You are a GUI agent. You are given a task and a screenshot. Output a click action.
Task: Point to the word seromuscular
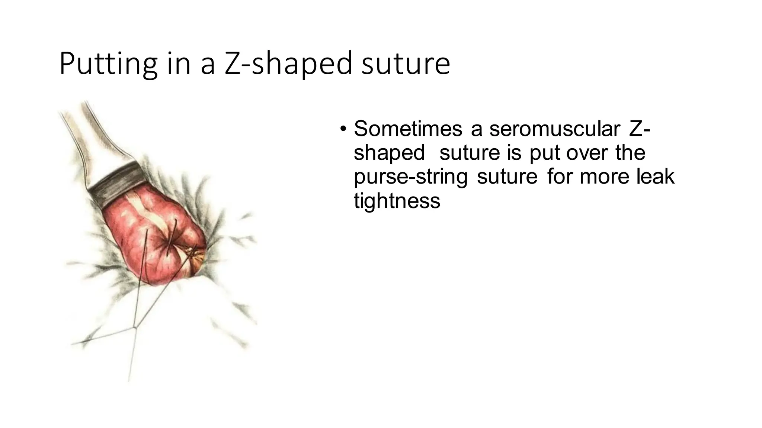[x=554, y=129]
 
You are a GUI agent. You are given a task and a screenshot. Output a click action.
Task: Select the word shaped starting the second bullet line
[x=389, y=153]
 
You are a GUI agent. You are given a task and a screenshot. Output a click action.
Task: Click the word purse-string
[x=410, y=176]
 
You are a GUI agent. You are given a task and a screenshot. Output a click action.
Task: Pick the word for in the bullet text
[x=560, y=176]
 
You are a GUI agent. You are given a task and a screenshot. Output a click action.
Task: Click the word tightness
[x=397, y=201]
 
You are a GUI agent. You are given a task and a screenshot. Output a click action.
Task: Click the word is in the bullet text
[x=514, y=153]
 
